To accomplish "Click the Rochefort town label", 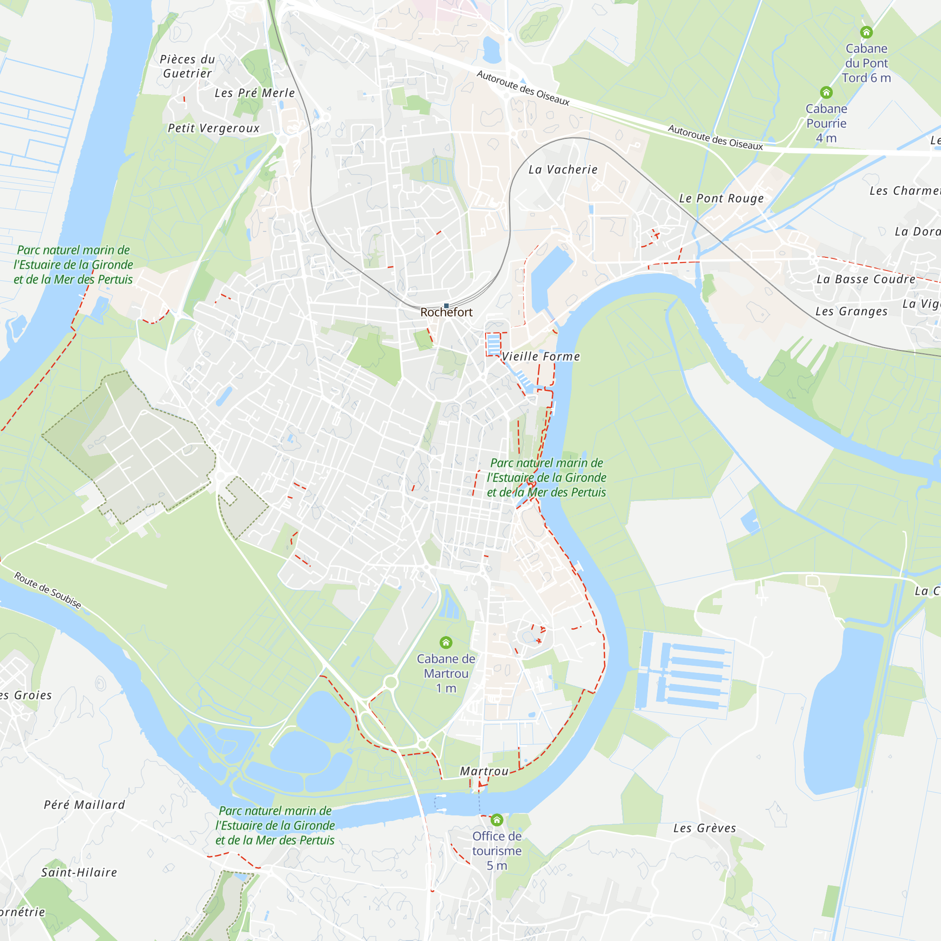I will [446, 312].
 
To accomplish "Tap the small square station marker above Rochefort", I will [446, 306].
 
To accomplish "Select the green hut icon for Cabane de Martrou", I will [446, 642].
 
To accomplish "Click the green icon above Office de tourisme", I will [497, 820].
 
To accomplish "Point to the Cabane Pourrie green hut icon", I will [826, 92].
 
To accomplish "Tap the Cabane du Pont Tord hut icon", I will [866, 32].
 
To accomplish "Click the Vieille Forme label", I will [541, 357].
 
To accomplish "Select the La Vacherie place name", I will [563, 169].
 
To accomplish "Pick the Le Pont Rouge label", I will [721, 198].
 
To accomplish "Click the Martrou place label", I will [485, 771].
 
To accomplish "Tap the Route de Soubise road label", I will [47, 590].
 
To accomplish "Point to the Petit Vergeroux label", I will [214, 128].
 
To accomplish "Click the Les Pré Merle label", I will [255, 93].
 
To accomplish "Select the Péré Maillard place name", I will [85, 805].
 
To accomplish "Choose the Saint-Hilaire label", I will [80, 872].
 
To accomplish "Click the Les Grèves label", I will [705, 828].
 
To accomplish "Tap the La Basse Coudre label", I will [866, 279].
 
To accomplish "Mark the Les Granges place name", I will [852, 311].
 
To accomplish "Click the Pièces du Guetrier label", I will [188, 66].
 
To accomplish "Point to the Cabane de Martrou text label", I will [446, 673].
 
